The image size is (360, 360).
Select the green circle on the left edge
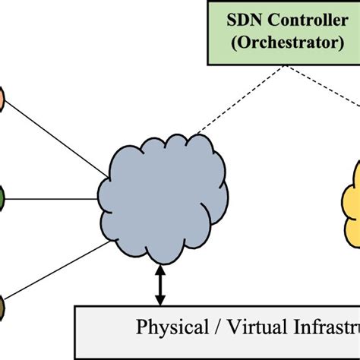click(2, 200)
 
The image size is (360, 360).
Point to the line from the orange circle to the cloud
click(57, 137)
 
